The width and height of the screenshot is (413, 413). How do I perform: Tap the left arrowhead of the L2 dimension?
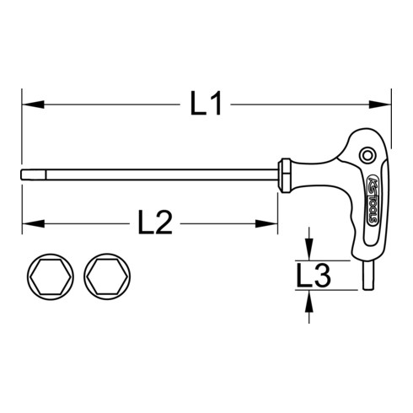click(28, 224)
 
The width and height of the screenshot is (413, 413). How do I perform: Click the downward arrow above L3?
click(310, 251)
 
